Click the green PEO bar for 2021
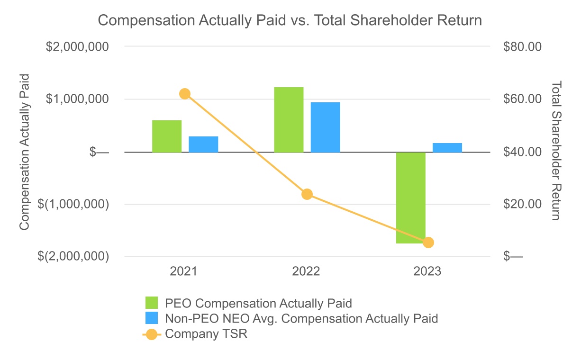pyautogui.click(x=167, y=136)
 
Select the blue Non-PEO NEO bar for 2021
pyautogui.click(x=203, y=144)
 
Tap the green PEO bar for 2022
pyautogui.click(x=289, y=120)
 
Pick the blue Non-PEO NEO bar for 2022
pyautogui.click(x=325, y=127)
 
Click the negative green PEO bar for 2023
pyautogui.click(x=411, y=198)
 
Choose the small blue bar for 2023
pyautogui.click(x=447, y=147)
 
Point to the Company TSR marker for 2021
pyautogui.click(x=185, y=94)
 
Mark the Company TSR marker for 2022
pyautogui.click(x=307, y=194)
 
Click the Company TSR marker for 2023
pyautogui.click(x=428, y=243)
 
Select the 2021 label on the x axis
pyautogui.click(x=184, y=272)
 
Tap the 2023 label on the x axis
pyautogui.click(x=427, y=272)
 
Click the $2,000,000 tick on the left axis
pyautogui.click(x=77, y=47)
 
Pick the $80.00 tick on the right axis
pyautogui.click(x=522, y=47)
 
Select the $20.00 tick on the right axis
pyautogui.click(x=522, y=204)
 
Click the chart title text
pyautogui.click(x=290, y=20)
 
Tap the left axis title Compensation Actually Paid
pyautogui.click(x=24, y=152)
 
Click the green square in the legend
pyautogui.click(x=152, y=303)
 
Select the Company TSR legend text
pyautogui.click(x=206, y=334)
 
